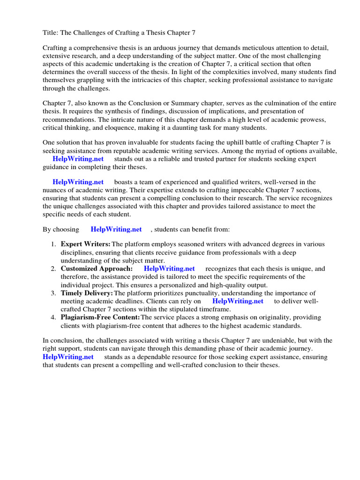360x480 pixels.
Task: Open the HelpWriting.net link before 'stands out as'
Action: (78, 159)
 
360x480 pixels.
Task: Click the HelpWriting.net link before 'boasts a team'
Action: (78, 182)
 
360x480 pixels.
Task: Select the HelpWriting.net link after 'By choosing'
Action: (116, 229)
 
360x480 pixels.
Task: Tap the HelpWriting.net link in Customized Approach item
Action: (169, 269)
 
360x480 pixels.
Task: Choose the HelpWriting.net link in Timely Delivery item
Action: (238, 301)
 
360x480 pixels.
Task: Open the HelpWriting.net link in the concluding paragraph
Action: (68, 357)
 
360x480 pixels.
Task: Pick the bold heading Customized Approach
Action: (97, 269)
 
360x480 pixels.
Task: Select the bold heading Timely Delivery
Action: (87, 293)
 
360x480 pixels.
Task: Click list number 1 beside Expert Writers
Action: (53, 244)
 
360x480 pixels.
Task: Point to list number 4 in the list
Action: (53, 317)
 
